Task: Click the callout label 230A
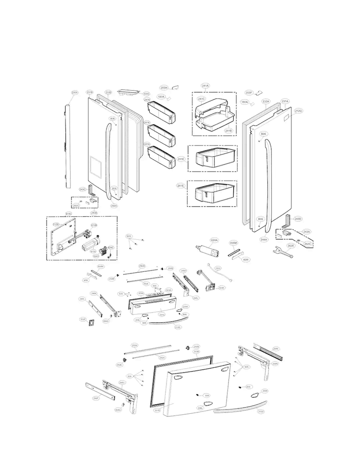[x=74, y=92]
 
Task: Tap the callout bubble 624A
[x=214, y=240]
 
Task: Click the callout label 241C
[x=202, y=99]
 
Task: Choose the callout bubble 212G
[x=298, y=111]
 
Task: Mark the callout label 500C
[x=147, y=94]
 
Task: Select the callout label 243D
[x=298, y=219]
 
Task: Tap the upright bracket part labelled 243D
[x=288, y=222]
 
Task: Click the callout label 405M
[x=233, y=243]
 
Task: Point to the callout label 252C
[x=218, y=269]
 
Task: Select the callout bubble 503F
[x=83, y=319]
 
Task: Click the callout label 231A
[x=285, y=101]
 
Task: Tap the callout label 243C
[x=83, y=190]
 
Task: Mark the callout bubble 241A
[x=205, y=86]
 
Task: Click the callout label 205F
[x=249, y=92]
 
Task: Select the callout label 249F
[x=96, y=398]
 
